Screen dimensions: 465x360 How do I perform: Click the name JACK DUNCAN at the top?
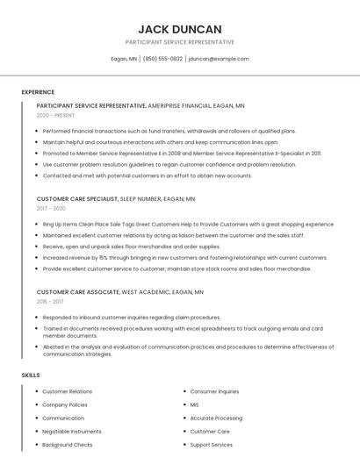tap(180, 29)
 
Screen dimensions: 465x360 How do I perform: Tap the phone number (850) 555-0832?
tap(162, 59)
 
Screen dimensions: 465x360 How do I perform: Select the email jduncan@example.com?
tap(219, 59)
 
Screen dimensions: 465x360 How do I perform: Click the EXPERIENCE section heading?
tap(38, 92)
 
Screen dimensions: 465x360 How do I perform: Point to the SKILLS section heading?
tap(31, 376)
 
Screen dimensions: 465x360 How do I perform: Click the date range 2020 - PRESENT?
tap(55, 115)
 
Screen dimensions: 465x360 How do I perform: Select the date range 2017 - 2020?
tap(51, 209)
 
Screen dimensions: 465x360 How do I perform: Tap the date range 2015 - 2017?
tap(51, 301)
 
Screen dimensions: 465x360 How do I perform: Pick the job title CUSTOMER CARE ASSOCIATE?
tap(77, 291)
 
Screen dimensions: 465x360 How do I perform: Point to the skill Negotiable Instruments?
tap(72, 432)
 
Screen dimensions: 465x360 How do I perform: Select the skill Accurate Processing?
tap(216, 418)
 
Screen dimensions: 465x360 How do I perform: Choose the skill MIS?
tap(195, 405)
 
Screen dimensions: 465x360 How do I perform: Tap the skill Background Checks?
tap(68, 445)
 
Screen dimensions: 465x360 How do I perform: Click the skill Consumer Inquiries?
tap(214, 391)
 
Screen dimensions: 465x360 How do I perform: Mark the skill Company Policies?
tap(65, 405)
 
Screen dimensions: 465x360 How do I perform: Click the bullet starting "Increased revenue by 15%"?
tap(184, 258)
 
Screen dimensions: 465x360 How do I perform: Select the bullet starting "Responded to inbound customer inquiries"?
tap(131, 317)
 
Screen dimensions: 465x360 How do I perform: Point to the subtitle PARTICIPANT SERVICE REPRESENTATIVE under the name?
tap(180, 42)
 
